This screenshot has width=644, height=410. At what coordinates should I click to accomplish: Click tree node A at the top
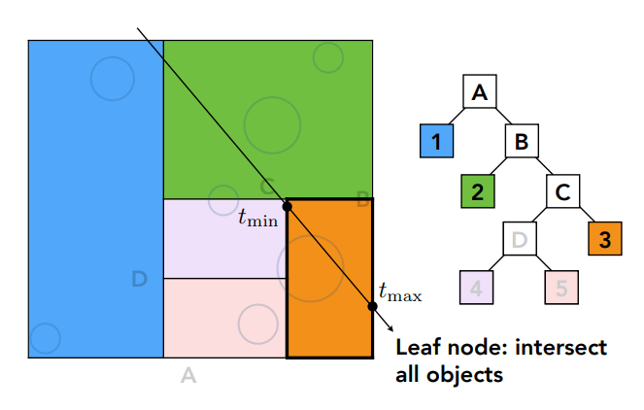(x=479, y=93)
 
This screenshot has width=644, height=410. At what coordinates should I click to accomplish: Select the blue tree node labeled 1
(x=437, y=142)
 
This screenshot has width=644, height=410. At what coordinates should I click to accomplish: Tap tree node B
(x=522, y=142)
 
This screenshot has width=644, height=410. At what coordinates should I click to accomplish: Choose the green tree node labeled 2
(x=477, y=191)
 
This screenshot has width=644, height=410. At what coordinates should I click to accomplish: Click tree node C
(x=563, y=191)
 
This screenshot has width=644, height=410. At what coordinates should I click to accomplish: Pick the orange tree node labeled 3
(x=604, y=240)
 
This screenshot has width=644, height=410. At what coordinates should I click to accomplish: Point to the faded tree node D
(x=520, y=240)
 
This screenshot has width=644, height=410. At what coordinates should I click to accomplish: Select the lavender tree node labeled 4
(x=477, y=289)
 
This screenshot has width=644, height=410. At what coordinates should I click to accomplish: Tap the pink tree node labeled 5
(x=561, y=289)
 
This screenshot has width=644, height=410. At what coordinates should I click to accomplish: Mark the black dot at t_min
(x=288, y=206)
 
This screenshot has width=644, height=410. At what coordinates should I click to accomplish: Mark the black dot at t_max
(x=373, y=307)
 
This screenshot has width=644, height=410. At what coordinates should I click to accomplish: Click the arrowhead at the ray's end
(x=391, y=329)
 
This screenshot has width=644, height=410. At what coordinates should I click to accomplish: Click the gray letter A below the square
(x=188, y=376)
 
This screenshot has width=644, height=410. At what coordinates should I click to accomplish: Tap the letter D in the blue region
(x=139, y=280)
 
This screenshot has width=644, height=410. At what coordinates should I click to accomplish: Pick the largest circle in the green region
(x=273, y=123)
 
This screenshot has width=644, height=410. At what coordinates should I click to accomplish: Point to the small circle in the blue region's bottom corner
(x=45, y=339)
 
